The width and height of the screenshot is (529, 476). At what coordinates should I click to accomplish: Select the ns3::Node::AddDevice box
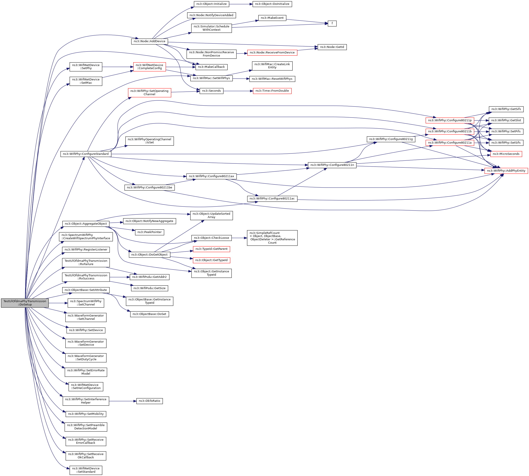pos(149,41)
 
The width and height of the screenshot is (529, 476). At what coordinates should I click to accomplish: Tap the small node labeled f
pos(332,24)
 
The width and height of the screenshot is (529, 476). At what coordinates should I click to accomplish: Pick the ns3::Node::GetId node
pos(332,47)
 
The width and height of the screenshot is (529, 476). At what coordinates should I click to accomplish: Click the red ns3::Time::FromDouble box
pos(272,91)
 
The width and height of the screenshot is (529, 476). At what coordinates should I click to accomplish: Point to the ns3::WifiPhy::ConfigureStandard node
pos(86,154)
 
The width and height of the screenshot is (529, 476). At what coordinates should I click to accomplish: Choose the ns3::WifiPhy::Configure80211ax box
pos(211,176)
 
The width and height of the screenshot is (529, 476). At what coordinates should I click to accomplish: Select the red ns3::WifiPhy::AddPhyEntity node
pos(506,171)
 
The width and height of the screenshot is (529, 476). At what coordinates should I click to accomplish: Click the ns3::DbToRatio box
pos(149,401)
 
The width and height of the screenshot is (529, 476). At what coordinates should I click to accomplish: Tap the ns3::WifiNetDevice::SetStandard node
pos(86,470)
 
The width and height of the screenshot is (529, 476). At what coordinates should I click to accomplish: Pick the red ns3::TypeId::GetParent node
pos(211,249)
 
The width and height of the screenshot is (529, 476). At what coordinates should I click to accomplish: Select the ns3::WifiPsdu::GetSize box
pos(149,288)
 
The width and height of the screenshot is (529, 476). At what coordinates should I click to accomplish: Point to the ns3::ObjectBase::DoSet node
pos(149,314)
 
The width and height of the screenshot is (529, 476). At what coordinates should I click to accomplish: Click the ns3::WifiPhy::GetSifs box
pos(506,109)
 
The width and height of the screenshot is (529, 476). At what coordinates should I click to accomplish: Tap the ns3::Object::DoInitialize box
pos(272,4)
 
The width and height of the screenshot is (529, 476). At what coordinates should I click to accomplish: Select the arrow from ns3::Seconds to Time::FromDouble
pos(238,91)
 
